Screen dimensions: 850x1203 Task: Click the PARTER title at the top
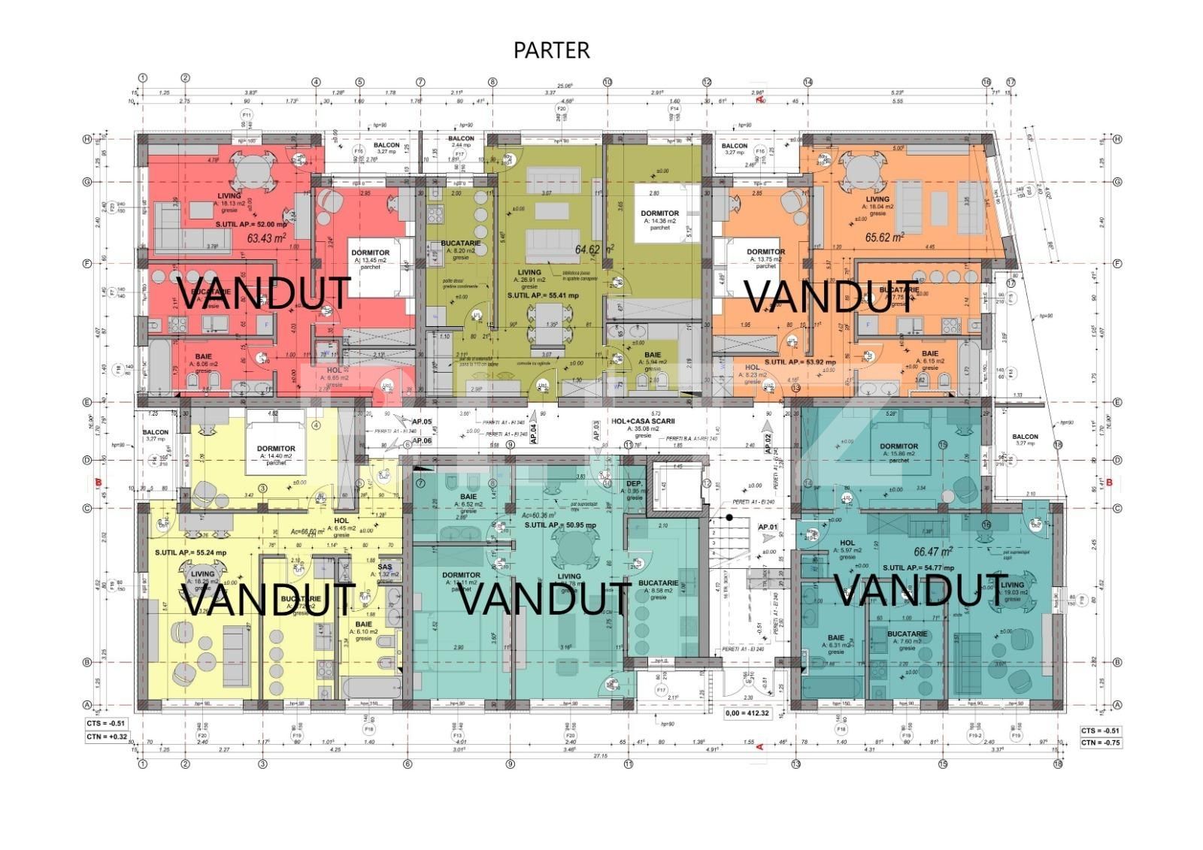[x=551, y=50]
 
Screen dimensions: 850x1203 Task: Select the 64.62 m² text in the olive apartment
[x=595, y=249]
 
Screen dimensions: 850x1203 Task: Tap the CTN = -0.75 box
[x=1101, y=743]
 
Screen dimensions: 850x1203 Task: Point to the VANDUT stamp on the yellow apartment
[x=268, y=599]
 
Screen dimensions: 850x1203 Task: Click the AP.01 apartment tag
[x=768, y=527]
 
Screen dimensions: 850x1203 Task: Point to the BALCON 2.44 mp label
[x=461, y=141]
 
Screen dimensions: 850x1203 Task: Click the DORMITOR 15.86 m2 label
[x=898, y=450]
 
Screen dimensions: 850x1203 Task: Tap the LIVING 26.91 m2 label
[x=529, y=278]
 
